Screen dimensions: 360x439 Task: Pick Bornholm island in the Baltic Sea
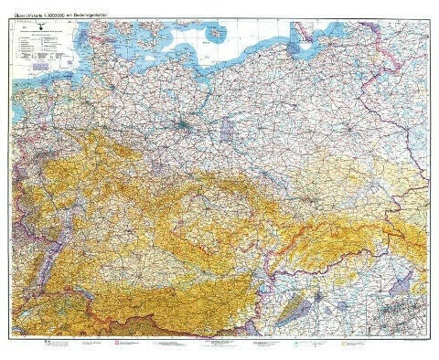pos(219,34)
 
